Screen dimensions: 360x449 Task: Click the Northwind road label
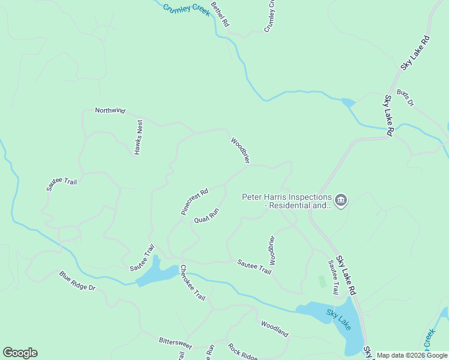(110, 110)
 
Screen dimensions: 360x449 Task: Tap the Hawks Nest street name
(139, 137)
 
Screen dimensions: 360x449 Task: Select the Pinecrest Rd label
(194, 202)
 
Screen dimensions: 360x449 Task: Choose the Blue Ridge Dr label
(77, 281)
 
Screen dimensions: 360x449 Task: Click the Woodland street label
(274, 329)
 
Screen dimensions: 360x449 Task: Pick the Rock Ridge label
(243, 352)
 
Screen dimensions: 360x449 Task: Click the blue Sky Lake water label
(339, 320)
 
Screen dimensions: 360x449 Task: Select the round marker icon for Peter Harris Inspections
(341, 200)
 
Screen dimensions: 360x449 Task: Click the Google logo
(20, 353)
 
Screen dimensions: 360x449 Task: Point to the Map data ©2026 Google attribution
(412, 355)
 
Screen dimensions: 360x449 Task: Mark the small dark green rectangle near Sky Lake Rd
(322, 281)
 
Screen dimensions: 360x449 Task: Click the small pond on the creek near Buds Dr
(348, 103)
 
